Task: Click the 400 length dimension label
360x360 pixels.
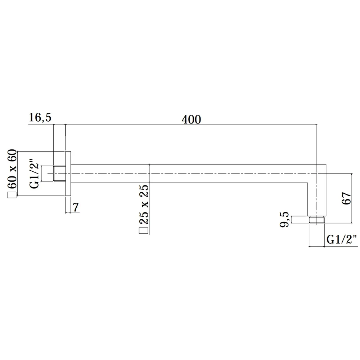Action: coord(191,120)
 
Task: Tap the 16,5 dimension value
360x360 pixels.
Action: coord(40,117)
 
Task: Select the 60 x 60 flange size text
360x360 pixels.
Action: coord(12,169)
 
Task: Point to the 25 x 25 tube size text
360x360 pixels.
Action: coord(144,204)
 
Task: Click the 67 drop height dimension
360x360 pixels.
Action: coord(346,198)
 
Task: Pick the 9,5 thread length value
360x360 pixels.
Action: coord(284,219)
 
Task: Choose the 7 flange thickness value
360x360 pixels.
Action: coord(76,207)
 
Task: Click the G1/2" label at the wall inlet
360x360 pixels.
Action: coord(35,174)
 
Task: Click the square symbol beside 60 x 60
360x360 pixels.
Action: coord(12,195)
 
